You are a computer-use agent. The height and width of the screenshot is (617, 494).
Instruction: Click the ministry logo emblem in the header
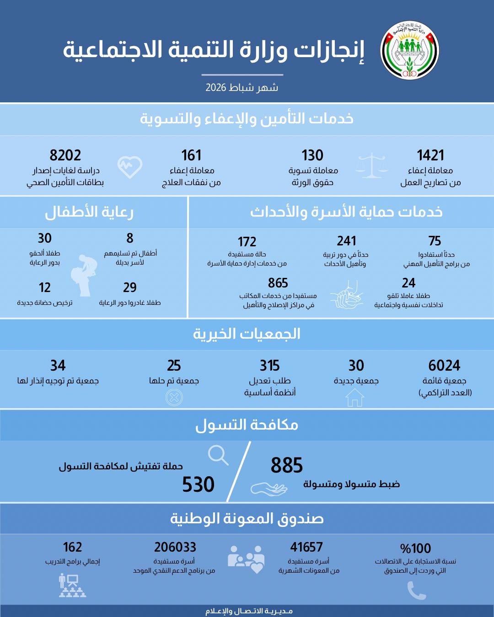point(410,50)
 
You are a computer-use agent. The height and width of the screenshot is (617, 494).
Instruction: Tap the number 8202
point(65,155)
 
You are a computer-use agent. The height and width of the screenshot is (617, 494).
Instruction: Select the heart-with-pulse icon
point(130,167)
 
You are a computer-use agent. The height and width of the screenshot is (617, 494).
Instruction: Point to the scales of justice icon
point(371,166)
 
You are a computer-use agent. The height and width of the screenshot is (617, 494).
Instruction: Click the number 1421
point(430,155)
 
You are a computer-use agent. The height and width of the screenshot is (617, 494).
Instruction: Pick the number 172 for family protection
point(247,242)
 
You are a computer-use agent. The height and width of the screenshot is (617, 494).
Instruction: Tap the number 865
point(278,283)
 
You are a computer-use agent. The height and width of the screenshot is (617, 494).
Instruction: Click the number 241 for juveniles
point(346,241)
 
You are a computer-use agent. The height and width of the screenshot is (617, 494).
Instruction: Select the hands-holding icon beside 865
point(346,298)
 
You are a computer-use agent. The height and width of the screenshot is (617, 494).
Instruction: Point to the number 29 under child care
point(130,287)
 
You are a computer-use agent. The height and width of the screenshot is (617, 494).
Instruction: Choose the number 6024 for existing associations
point(444,366)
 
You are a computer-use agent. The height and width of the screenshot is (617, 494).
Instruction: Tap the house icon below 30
point(354,398)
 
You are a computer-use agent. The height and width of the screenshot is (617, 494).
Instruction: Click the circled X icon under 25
point(174,398)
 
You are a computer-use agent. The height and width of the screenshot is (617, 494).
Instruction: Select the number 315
point(270,366)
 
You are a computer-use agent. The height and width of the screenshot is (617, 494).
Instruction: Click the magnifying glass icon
point(218,455)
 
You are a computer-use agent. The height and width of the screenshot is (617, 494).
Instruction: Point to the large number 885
point(287,466)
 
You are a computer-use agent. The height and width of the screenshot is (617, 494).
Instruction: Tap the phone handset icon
point(416,591)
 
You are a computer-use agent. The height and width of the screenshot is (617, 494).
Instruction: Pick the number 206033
point(175,547)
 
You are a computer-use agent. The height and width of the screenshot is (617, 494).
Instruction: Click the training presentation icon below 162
point(72,586)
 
